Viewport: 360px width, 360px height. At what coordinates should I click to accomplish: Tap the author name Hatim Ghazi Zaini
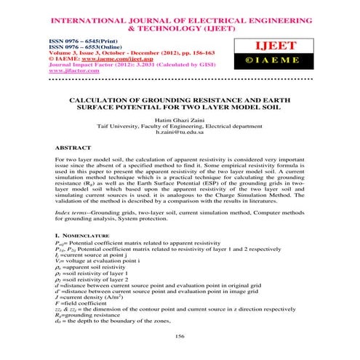click(180, 119)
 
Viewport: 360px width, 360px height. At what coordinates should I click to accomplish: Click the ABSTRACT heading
click(75, 147)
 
